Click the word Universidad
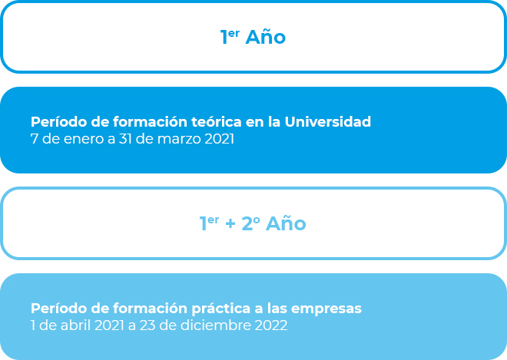point(327,122)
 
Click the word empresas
point(326,309)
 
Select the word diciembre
point(216,325)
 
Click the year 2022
point(271,325)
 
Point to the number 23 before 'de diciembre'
point(147,325)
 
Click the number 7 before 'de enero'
point(34,140)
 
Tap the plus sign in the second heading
point(230,224)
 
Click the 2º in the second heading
point(250,223)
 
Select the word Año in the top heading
point(266,37)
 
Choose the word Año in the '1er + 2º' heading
point(286,223)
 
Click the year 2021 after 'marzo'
point(219,140)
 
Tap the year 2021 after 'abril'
point(109,325)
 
